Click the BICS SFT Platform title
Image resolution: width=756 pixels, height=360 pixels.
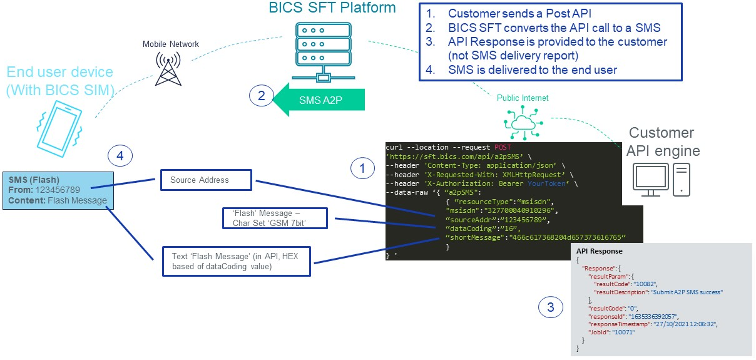332,8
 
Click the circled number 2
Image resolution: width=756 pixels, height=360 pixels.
262,96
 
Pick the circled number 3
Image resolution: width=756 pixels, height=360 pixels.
550,307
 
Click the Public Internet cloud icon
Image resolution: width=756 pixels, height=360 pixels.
518,121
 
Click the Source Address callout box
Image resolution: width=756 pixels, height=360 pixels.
205,180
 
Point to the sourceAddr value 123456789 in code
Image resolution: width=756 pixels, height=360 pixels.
523,220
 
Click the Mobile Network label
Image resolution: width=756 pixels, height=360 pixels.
171,44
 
